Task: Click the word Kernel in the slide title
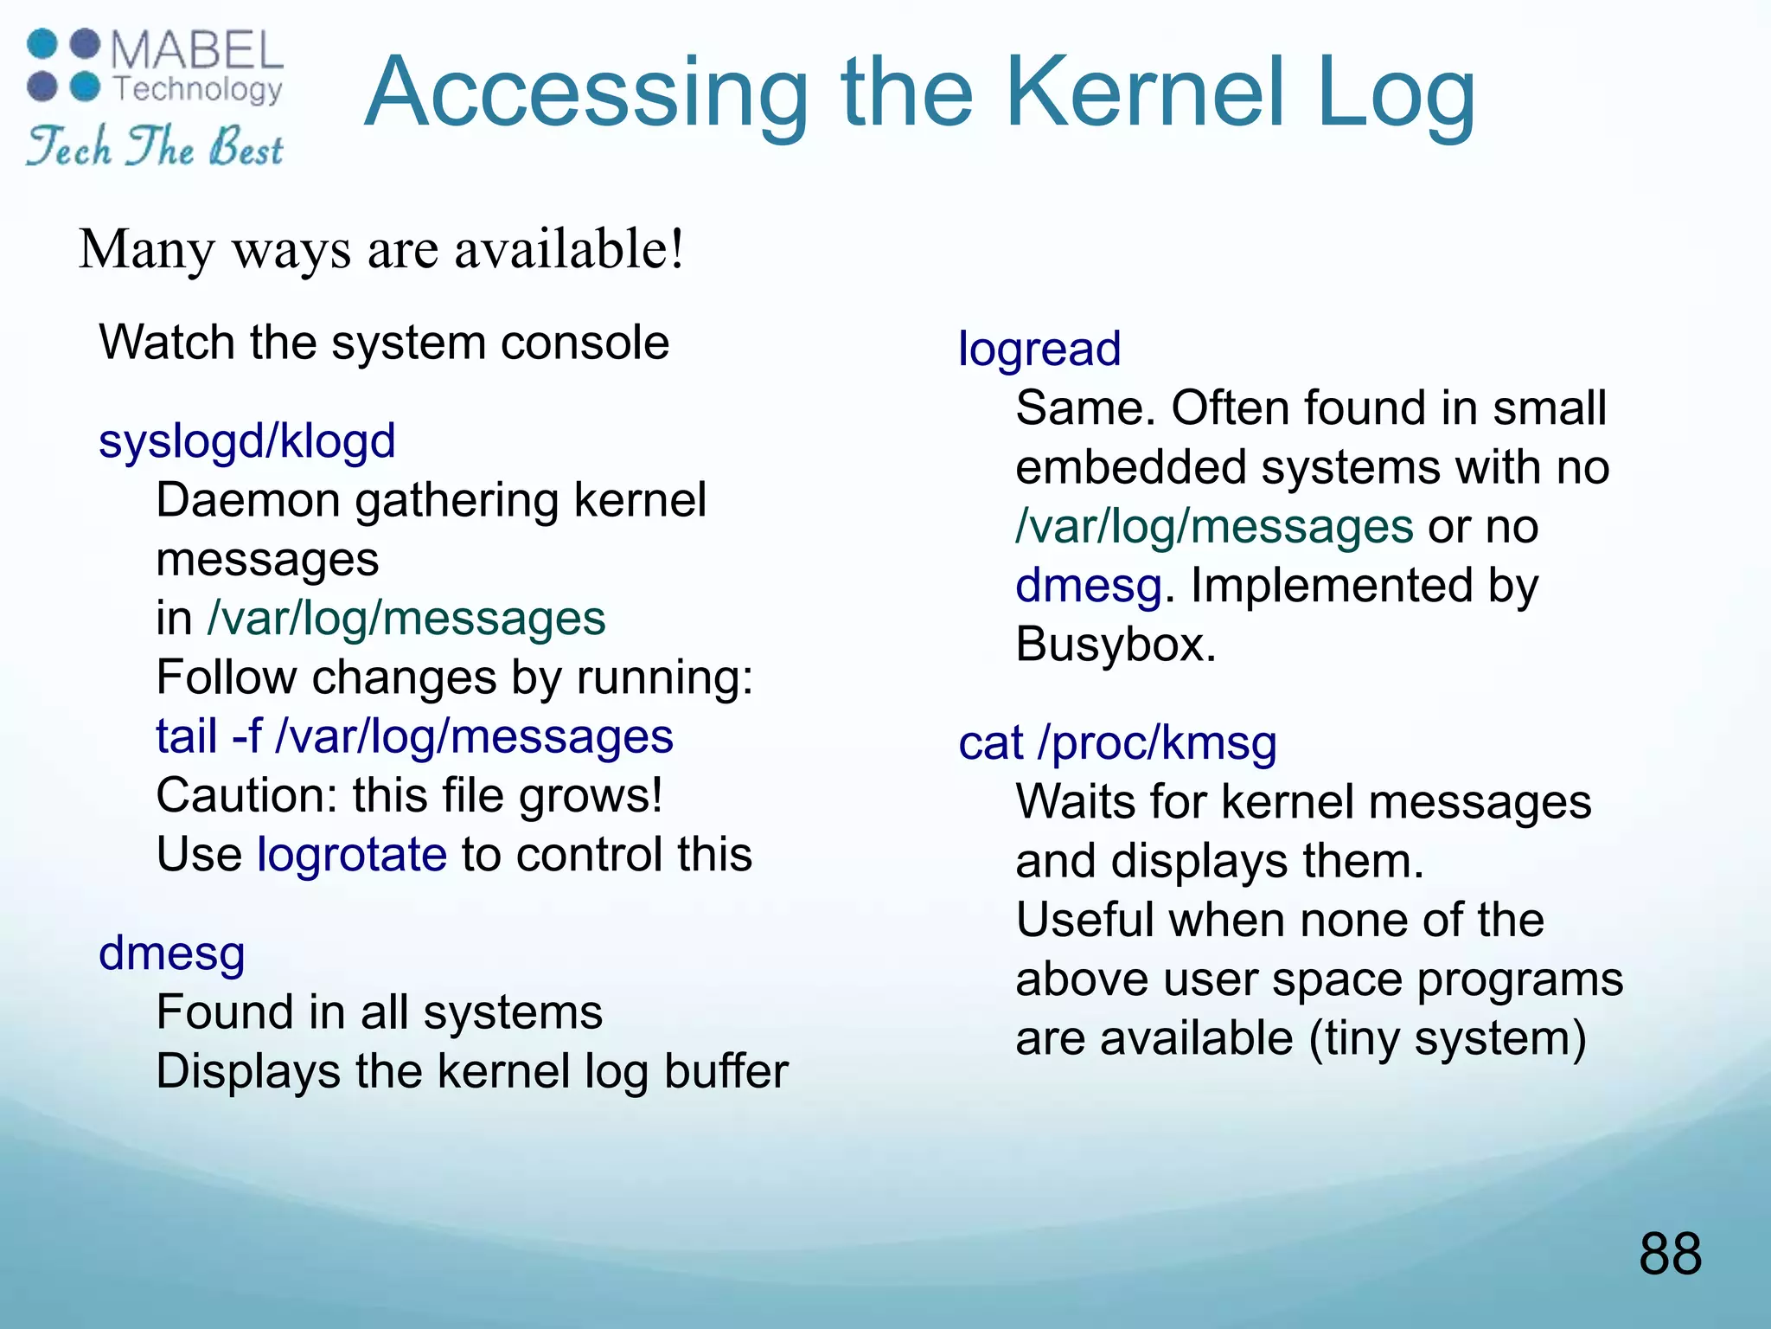(x=1143, y=93)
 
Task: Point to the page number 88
(x=1669, y=1254)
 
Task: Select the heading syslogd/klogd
(x=246, y=441)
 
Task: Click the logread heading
(x=1039, y=350)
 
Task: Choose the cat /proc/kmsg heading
(x=1116, y=743)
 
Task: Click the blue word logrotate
(x=352, y=855)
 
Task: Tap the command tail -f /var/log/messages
(x=414, y=737)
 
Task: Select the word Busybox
(x=1115, y=645)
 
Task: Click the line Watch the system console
(x=384, y=343)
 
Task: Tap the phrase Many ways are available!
(x=381, y=249)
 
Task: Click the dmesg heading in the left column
(x=172, y=953)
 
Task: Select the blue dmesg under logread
(x=1088, y=586)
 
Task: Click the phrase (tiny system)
(x=1448, y=1038)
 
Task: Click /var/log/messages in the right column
(x=1214, y=527)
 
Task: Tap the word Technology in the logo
(x=198, y=88)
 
